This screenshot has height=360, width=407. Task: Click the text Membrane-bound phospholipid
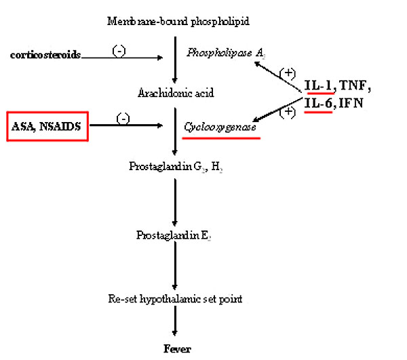pos(178,21)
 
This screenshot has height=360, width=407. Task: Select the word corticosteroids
pos(45,54)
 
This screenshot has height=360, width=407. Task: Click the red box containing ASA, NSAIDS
pos(47,125)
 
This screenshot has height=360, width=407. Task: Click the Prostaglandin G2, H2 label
pos(176,165)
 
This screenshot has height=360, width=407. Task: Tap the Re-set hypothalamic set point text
pos(175,299)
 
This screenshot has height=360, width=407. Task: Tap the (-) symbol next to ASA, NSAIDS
pos(123,119)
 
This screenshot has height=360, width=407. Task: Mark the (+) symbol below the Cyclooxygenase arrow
pos(287,113)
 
